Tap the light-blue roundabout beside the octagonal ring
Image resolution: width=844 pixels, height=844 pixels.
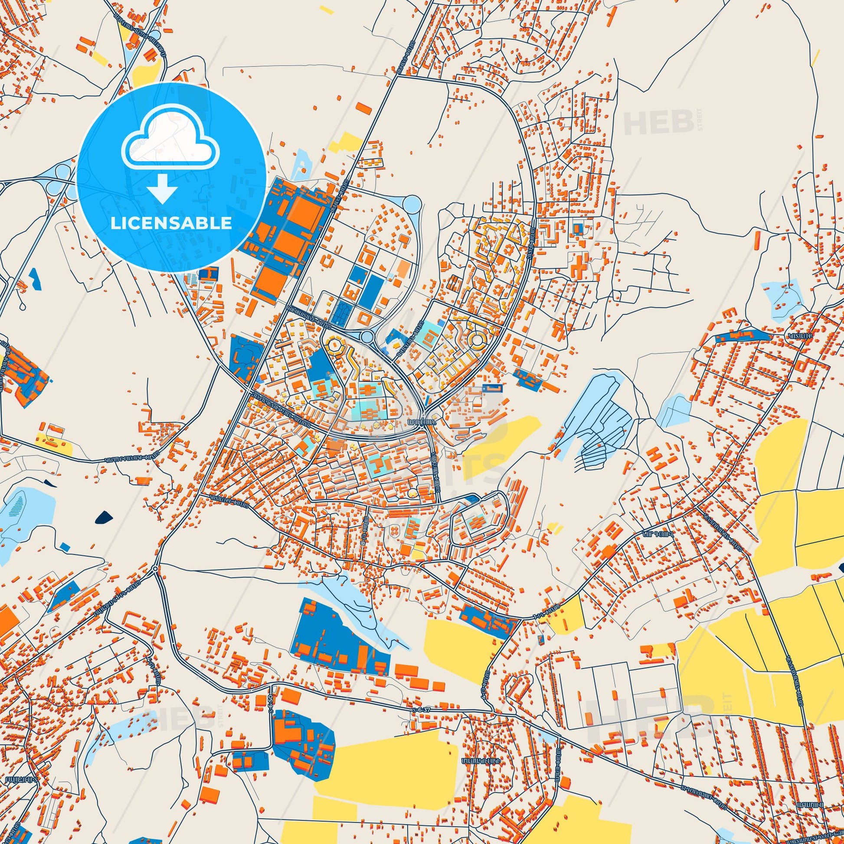click(367, 337)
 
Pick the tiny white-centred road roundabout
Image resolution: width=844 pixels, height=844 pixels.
click(155, 568)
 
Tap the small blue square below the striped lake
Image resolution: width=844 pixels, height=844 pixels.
click(65, 546)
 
